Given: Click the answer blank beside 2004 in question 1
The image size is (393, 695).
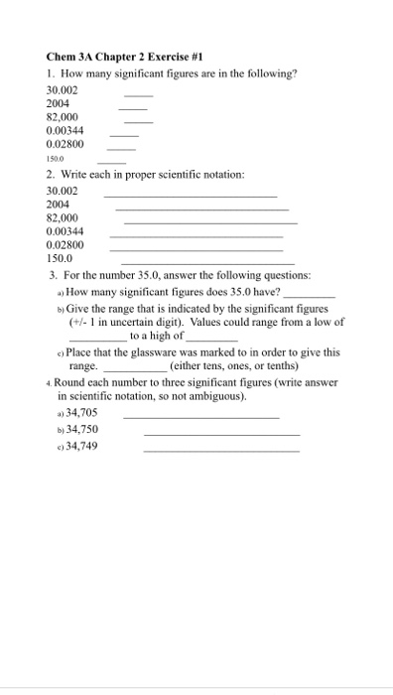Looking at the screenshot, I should tap(133, 107).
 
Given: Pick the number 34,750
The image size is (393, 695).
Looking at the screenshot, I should tap(81, 429).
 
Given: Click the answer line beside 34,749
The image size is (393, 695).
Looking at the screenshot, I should tap(220, 451).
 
